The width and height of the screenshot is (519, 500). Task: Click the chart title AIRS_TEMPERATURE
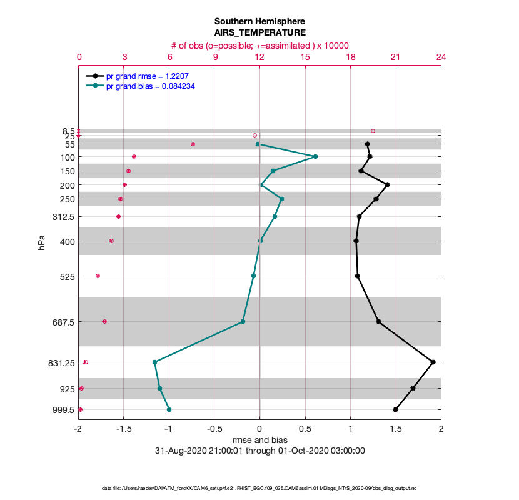(x=259, y=32)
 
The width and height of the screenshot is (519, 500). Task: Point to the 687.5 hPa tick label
(x=62, y=322)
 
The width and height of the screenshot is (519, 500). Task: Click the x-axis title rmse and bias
(x=259, y=439)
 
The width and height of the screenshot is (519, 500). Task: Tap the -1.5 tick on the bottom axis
(x=124, y=429)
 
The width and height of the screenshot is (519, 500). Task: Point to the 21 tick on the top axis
(x=395, y=57)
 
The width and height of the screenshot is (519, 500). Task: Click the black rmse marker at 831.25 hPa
(x=433, y=362)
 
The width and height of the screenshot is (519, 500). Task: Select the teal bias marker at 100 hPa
(x=315, y=156)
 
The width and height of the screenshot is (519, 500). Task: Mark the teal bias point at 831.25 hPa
(x=154, y=362)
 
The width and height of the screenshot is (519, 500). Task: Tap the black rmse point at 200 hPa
(x=388, y=184)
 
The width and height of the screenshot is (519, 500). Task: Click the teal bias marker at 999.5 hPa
(x=169, y=409)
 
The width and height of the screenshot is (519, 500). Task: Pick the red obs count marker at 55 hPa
(x=193, y=144)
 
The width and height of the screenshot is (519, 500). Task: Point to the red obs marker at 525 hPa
(x=98, y=276)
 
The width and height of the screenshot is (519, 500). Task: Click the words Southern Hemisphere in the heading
(x=259, y=21)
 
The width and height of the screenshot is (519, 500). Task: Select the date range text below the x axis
(x=259, y=451)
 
